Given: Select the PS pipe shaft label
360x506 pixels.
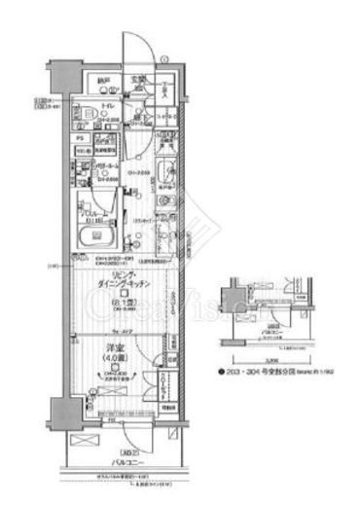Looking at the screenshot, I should coord(82,138).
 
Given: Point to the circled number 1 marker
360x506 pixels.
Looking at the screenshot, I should coord(165,60).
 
